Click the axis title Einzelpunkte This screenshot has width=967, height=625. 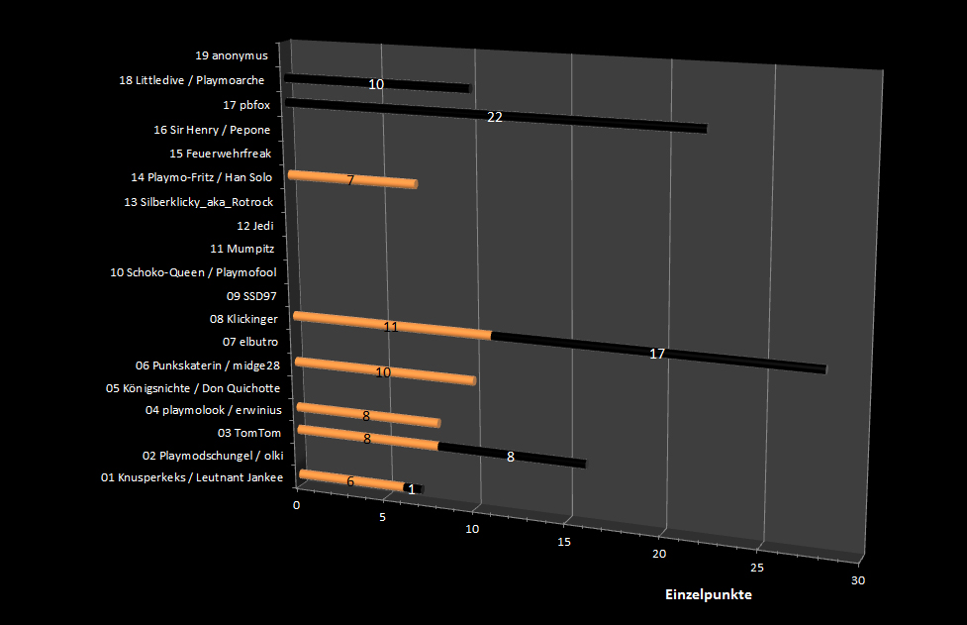click(708, 595)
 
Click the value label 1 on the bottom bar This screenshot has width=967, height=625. click(412, 489)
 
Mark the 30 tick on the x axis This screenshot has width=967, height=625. click(857, 580)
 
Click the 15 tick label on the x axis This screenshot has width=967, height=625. click(564, 542)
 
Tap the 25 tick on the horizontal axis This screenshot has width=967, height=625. click(757, 568)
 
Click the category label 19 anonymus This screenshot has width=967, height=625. click(232, 55)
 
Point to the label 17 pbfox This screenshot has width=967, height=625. click(246, 105)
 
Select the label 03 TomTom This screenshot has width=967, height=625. click(249, 433)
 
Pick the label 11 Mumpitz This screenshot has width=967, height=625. click(242, 249)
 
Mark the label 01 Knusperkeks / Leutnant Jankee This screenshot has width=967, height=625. click(192, 478)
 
